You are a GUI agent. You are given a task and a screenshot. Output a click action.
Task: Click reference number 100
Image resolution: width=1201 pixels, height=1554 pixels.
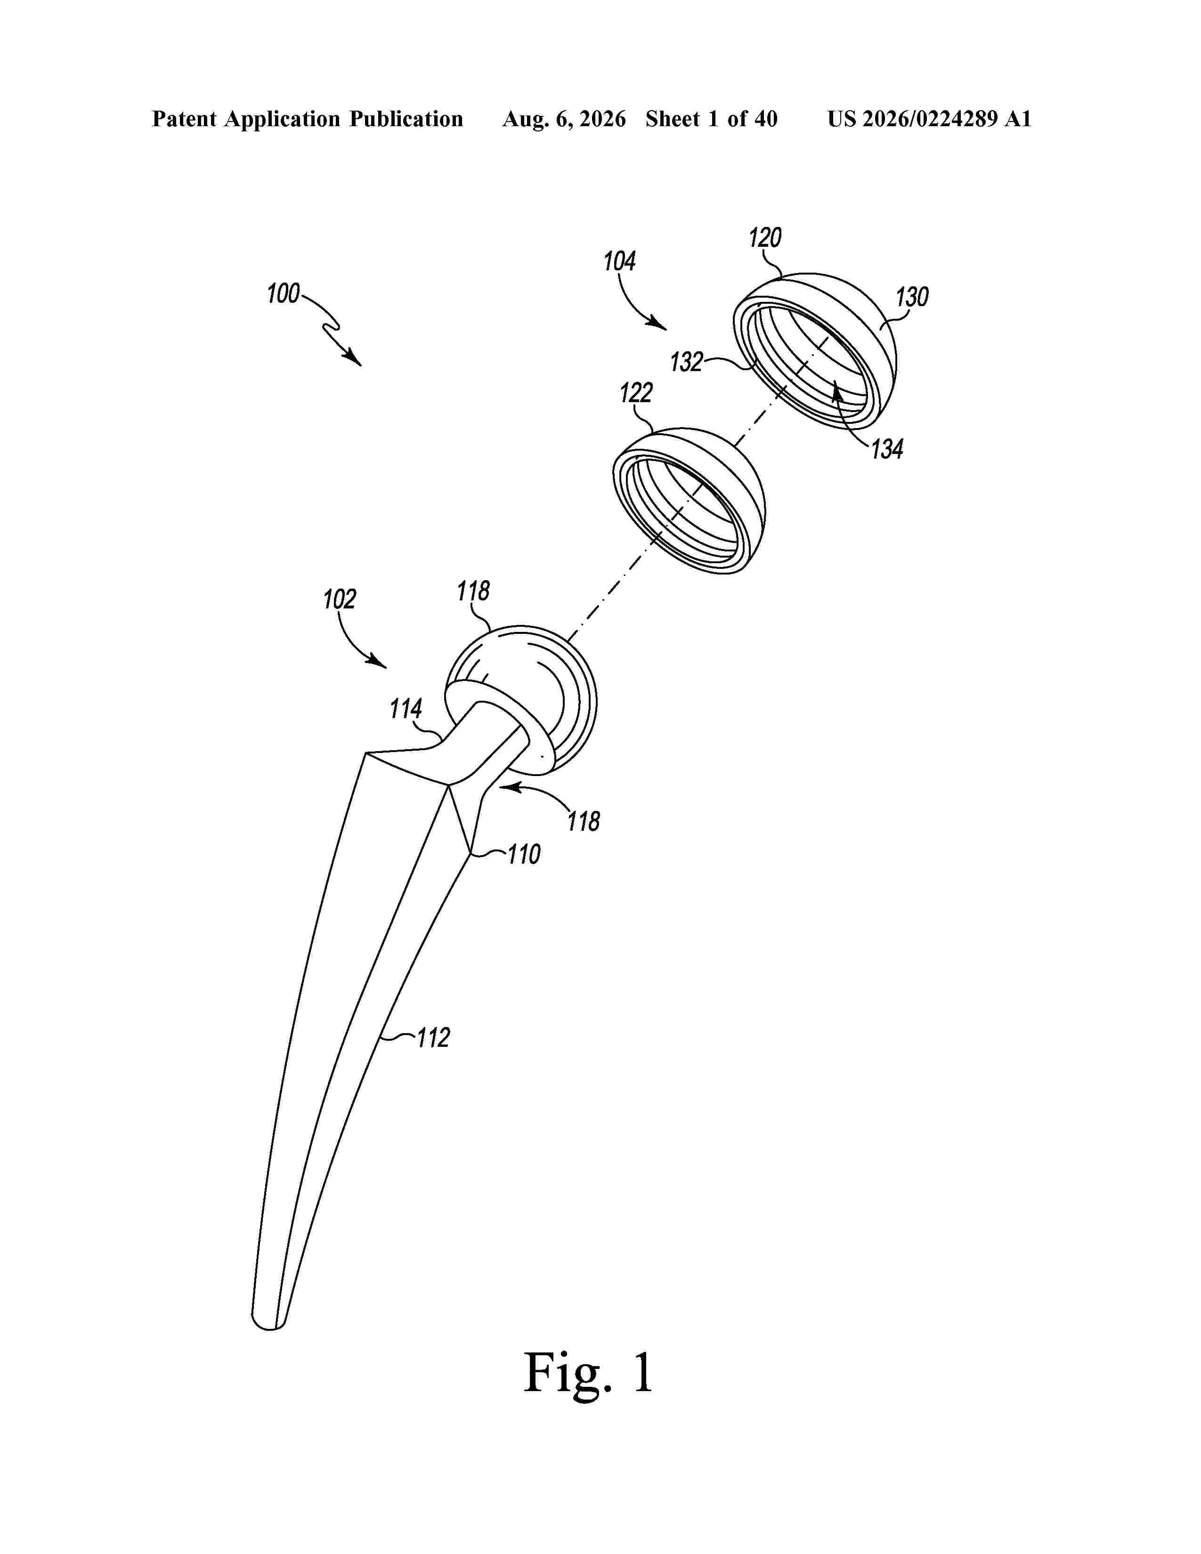(283, 294)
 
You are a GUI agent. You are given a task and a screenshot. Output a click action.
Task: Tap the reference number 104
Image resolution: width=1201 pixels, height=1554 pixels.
(619, 262)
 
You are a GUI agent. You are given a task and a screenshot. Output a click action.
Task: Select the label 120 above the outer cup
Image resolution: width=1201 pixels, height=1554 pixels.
(765, 238)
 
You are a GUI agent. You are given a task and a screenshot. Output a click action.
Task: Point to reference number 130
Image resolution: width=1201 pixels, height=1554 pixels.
(912, 297)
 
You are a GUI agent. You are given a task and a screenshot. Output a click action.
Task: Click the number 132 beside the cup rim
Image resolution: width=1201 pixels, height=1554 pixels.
(687, 362)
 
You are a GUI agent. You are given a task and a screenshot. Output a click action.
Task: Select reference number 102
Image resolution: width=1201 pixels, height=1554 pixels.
(340, 599)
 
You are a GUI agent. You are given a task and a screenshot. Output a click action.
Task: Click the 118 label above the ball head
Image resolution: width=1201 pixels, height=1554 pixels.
(473, 591)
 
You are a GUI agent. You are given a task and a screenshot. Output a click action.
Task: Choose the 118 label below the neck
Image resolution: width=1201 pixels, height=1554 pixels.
(584, 822)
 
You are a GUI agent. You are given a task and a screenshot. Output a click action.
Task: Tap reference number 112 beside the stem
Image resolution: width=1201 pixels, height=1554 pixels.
(432, 1038)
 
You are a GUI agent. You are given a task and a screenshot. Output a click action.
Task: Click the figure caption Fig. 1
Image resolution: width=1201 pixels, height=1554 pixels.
(588, 1373)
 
